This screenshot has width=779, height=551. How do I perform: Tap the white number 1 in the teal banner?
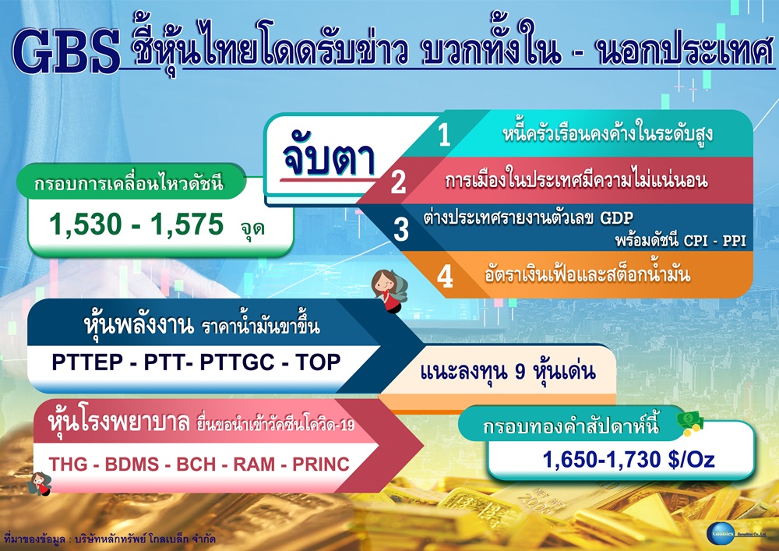444,135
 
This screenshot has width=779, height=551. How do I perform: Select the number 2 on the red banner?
398,182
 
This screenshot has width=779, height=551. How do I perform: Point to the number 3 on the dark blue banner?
400,229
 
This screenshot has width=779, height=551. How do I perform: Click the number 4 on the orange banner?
445,276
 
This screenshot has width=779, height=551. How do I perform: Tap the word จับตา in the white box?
329,158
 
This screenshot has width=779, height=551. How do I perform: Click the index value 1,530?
86,224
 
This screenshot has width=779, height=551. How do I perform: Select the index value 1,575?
187,224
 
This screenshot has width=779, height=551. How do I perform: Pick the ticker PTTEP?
87,362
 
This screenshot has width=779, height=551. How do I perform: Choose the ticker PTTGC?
237,362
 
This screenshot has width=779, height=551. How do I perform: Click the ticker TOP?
318,362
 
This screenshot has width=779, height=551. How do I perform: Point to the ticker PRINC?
321,464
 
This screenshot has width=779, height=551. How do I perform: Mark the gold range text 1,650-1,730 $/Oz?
629,460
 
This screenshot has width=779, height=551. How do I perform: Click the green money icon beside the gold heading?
690,423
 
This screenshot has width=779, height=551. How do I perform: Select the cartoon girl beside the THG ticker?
40,484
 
